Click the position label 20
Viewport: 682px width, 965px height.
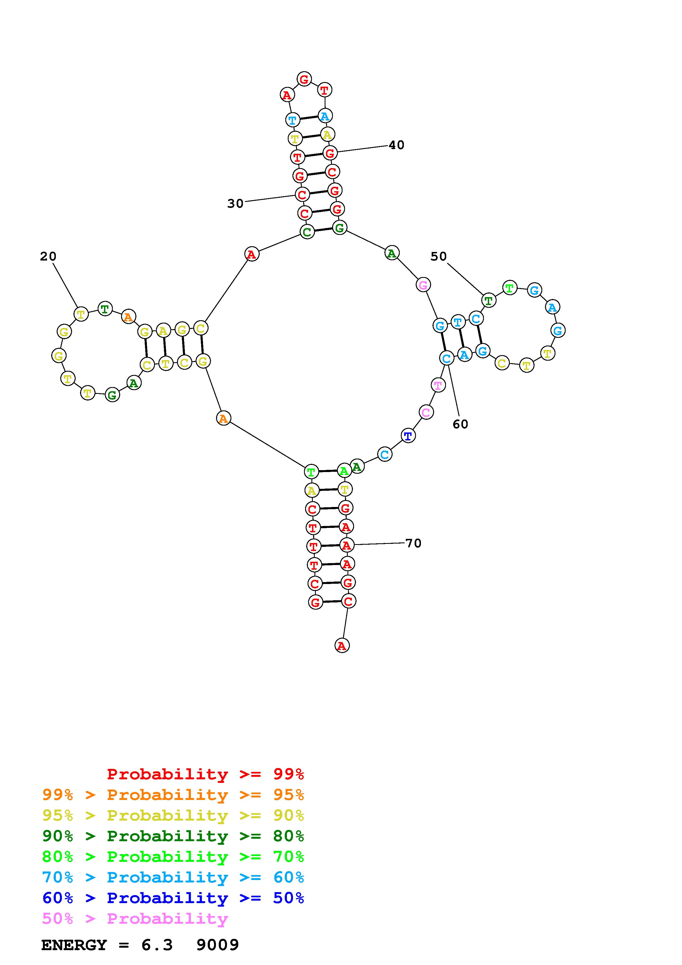(48, 256)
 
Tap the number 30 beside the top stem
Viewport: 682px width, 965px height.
(235, 204)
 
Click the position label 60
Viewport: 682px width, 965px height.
(460, 424)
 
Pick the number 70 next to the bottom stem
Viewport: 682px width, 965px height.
(413, 544)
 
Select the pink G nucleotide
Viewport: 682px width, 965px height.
(423, 285)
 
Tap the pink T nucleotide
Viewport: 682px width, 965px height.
(438, 385)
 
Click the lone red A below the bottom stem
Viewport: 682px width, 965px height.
(342, 646)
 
